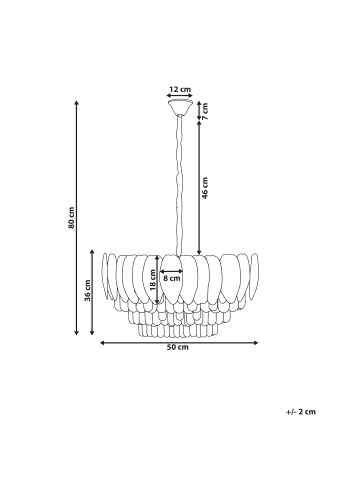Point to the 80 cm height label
[72, 217]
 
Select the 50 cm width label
[178, 348]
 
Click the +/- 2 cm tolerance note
[300, 411]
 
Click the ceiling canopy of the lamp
[180, 102]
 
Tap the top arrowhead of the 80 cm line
[80, 100]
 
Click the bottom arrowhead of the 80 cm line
[80, 333]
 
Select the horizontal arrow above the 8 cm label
[173, 269]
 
